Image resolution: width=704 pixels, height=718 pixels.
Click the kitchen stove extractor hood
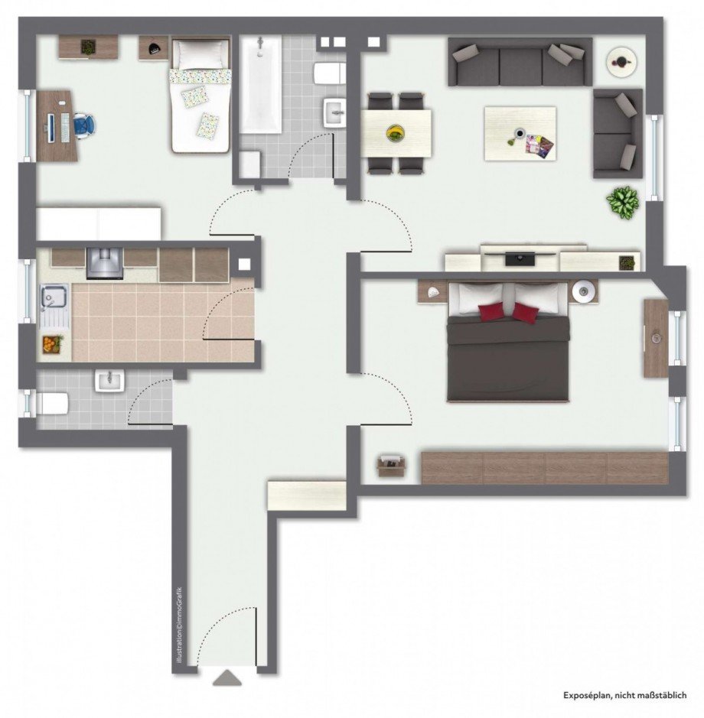pyautogui.click(x=103, y=262)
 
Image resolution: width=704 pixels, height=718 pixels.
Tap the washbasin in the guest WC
pyautogui.click(x=110, y=380)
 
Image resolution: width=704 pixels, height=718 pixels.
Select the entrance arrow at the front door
pyautogui.click(x=227, y=677)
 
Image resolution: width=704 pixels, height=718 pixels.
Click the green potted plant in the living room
pyautogui.click(x=623, y=202)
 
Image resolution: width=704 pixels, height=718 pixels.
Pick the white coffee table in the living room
pyautogui.click(x=520, y=133)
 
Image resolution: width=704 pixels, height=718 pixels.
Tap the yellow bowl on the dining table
pyautogui.click(x=396, y=132)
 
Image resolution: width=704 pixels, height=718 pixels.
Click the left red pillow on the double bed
pyautogui.click(x=491, y=310)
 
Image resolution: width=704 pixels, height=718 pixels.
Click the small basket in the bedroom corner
pyautogui.click(x=390, y=464)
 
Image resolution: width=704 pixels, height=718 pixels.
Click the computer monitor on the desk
pyautogui.click(x=51, y=127)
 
